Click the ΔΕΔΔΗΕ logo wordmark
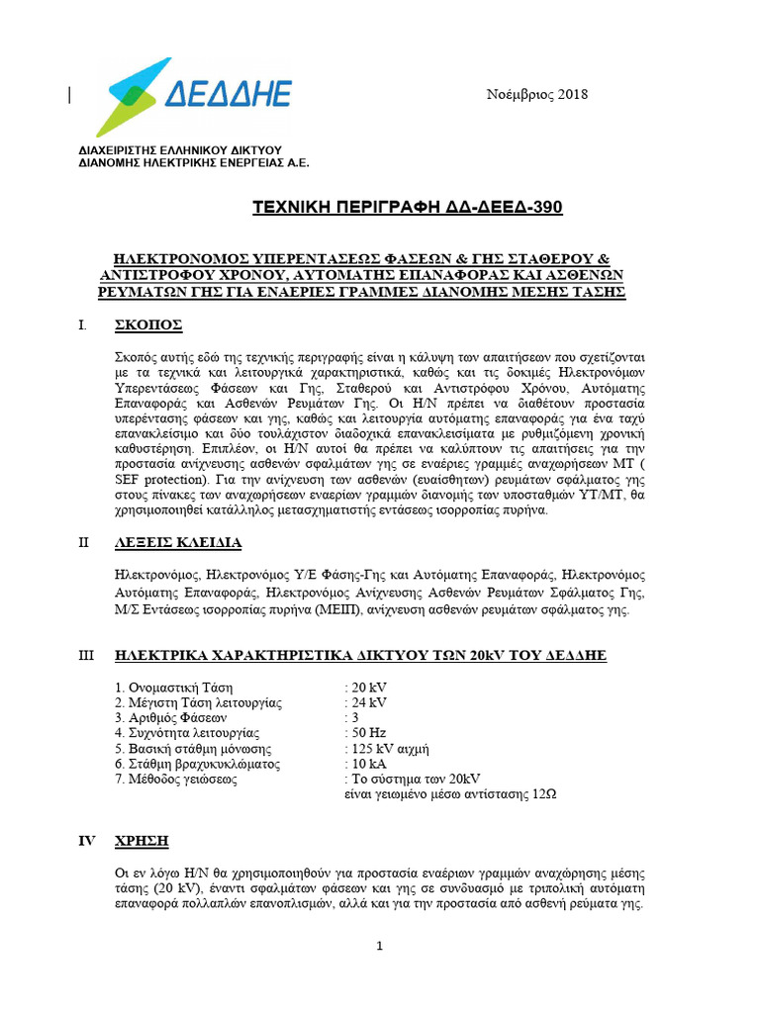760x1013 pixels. point(227,94)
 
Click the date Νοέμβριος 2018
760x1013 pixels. point(536,95)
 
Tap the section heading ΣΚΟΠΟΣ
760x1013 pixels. point(147,325)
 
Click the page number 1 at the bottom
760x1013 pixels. point(380,947)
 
